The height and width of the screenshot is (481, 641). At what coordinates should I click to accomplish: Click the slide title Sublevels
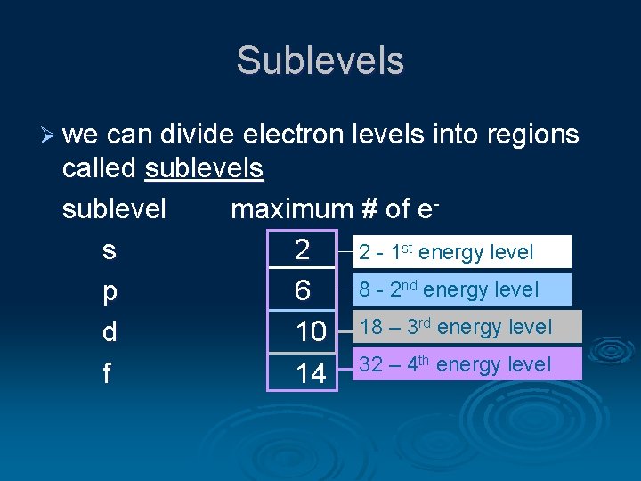pyautogui.click(x=320, y=61)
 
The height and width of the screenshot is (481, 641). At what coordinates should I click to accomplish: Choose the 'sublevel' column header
pyautogui.click(x=114, y=208)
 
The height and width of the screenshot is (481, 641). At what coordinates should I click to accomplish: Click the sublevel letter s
pyautogui.click(x=108, y=251)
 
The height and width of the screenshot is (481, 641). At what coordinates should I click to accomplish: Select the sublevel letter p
pyautogui.click(x=108, y=292)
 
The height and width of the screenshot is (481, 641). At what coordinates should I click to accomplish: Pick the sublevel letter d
pyautogui.click(x=108, y=332)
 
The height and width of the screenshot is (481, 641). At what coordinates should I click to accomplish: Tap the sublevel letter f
pyautogui.click(x=106, y=372)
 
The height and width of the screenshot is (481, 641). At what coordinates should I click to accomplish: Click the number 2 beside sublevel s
pyautogui.click(x=303, y=250)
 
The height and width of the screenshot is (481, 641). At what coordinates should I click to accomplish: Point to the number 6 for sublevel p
pyautogui.click(x=303, y=291)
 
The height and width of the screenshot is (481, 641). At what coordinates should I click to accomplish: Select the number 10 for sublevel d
pyautogui.click(x=311, y=332)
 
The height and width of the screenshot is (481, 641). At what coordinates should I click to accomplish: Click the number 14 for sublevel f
pyautogui.click(x=311, y=373)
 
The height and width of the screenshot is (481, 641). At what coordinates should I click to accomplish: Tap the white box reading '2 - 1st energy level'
pyautogui.click(x=461, y=252)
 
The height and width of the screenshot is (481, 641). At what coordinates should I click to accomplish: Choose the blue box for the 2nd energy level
pyautogui.click(x=461, y=289)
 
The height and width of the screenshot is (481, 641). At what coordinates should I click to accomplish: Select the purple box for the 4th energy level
pyautogui.click(x=467, y=364)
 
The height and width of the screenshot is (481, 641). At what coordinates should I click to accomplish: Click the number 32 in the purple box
pyautogui.click(x=370, y=364)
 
